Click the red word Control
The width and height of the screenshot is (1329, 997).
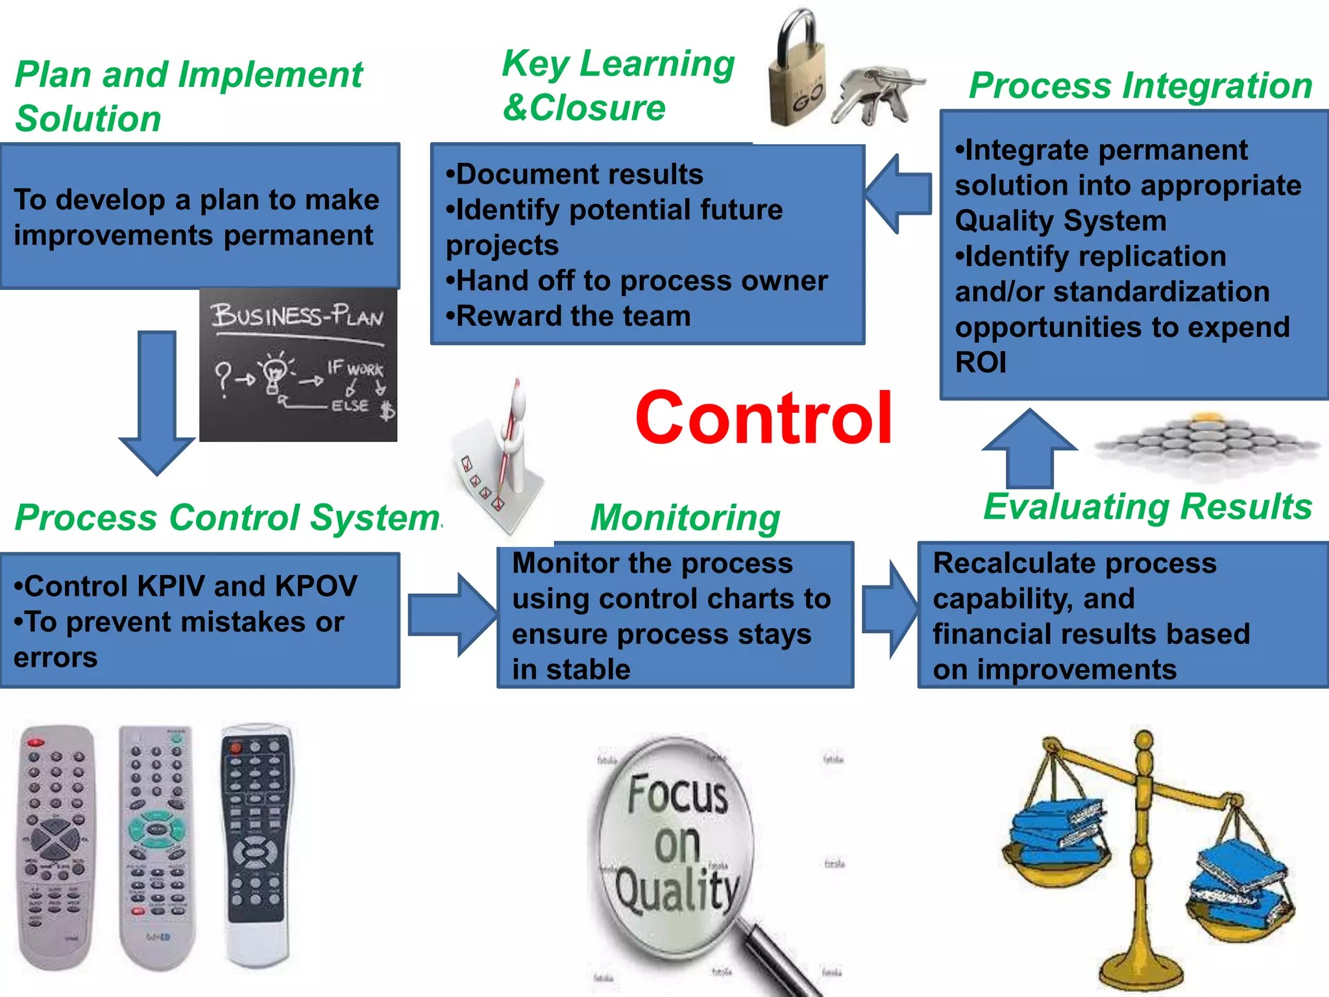coord(764,419)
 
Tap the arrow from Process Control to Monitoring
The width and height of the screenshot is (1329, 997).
coord(453,615)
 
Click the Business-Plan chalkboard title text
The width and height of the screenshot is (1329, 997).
coord(297,316)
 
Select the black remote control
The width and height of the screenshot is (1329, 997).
coord(256,844)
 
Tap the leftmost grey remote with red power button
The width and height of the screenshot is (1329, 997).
coord(56,844)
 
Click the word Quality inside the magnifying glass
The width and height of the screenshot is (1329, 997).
coord(677,891)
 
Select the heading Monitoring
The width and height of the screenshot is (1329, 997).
coord(685,518)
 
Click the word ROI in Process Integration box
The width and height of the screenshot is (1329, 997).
coord(981,362)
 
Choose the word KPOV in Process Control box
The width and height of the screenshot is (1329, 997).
coord(315,586)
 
